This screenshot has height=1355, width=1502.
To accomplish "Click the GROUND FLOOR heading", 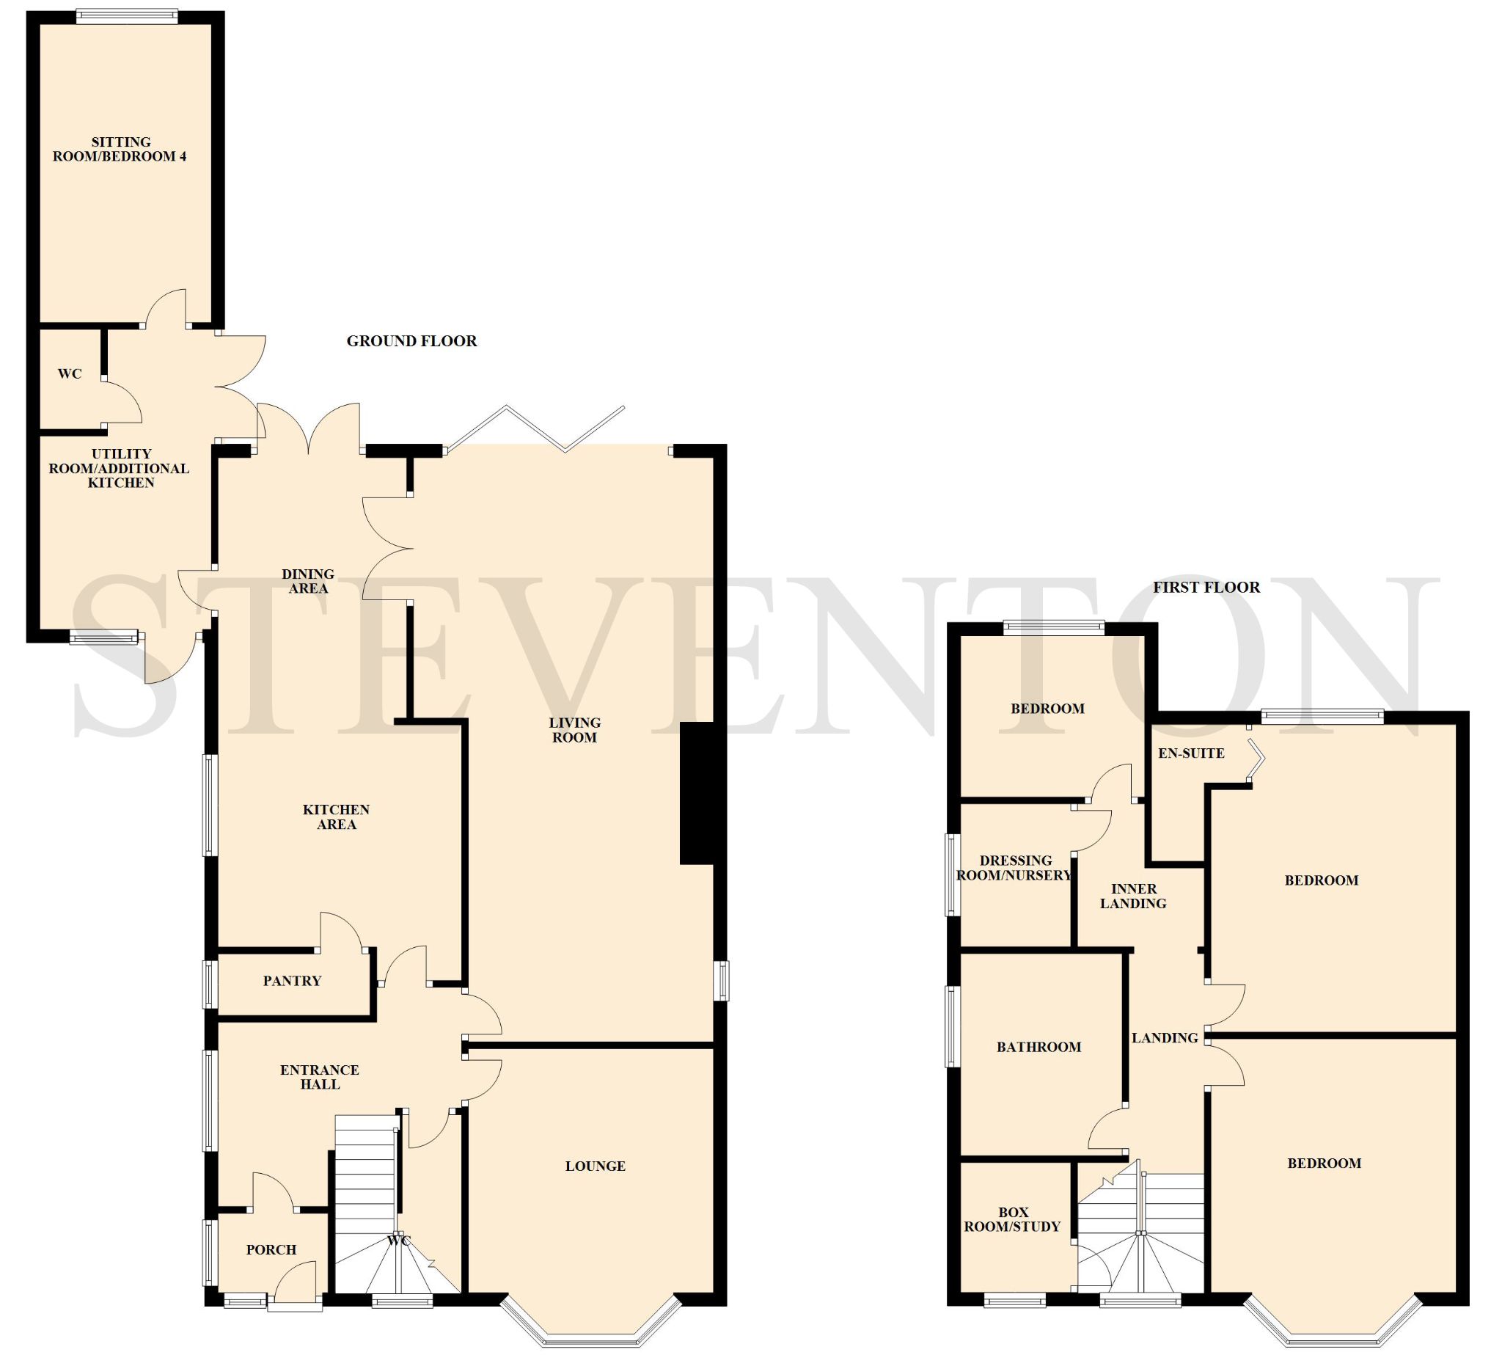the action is tap(411, 341).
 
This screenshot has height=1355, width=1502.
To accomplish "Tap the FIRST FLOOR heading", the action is tap(1206, 588).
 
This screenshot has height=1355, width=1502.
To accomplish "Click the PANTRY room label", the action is tap(292, 982).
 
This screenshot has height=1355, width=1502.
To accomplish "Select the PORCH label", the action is tap(271, 1250).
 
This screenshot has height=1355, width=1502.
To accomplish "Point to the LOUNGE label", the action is tap(595, 1166).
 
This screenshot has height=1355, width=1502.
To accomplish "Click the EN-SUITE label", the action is tap(1191, 753).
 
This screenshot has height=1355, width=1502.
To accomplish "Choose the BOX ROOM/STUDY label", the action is tap(1012, 1219).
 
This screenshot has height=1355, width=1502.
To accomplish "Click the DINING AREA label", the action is tap(308, 581).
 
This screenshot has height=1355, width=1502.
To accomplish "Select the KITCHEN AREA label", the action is tap(337, 817).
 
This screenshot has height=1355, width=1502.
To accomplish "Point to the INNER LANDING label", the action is tap(1133, 896).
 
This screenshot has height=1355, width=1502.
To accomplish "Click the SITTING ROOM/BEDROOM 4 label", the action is tap(120, 149).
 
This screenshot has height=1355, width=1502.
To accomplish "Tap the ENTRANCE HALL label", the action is tap(320, 1077).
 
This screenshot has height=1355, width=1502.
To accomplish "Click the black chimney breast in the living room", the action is tap(697, 793).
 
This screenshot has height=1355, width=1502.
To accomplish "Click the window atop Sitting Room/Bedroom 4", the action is tap(127, 16).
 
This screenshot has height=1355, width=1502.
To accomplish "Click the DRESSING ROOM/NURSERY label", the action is tap(1014, 868).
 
